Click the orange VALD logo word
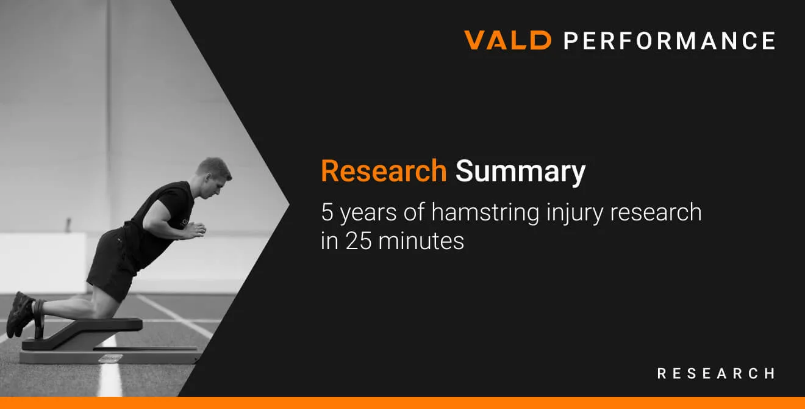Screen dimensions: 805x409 507,40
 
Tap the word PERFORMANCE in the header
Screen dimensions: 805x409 670,40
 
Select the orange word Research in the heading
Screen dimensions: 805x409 384,171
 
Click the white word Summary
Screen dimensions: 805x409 520,172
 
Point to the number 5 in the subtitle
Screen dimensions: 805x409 327,212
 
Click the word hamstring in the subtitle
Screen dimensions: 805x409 485,212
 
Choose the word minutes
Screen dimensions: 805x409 421,241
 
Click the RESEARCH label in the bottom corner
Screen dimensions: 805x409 716,374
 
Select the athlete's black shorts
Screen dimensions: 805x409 112,263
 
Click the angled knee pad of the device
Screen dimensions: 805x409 83,333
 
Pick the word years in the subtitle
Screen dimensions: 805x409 368,213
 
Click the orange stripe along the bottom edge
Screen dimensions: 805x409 402,403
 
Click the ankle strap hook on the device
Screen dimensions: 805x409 39,319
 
